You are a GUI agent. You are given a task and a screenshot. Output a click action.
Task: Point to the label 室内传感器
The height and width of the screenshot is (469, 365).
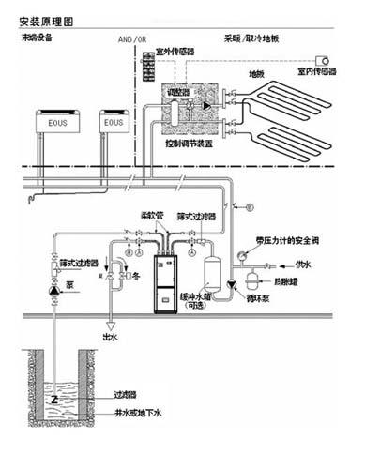point(316,70)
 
